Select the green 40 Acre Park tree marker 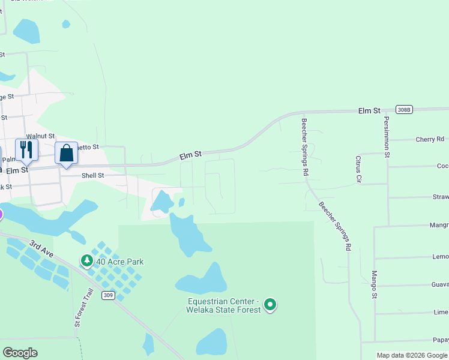point(87,261)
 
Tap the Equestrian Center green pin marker point(270,305)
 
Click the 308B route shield point(404,109)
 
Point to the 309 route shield point(108,295)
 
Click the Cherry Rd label point(430,139)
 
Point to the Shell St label point(92,176)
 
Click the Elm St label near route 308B point(370,111)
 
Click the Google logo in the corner point(20,353)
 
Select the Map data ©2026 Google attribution point(412,355)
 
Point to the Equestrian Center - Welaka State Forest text point(224,305)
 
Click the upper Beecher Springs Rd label point(305,147)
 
